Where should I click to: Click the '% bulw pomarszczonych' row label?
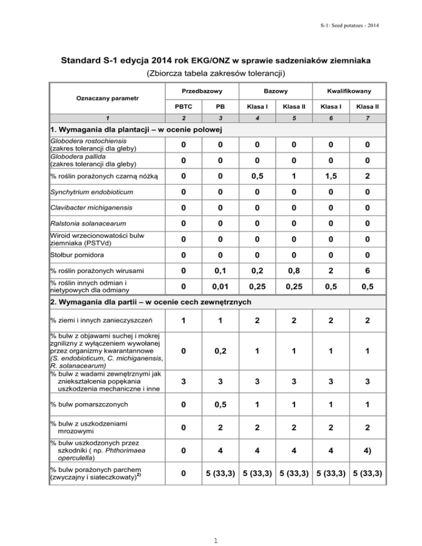tap(88, 405)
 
